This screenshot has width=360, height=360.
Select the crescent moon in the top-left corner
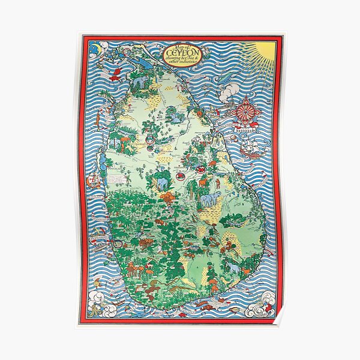point(95,46)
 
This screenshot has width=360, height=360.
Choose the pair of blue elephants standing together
point(209,200)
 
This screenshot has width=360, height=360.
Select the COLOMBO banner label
point(100,239)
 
